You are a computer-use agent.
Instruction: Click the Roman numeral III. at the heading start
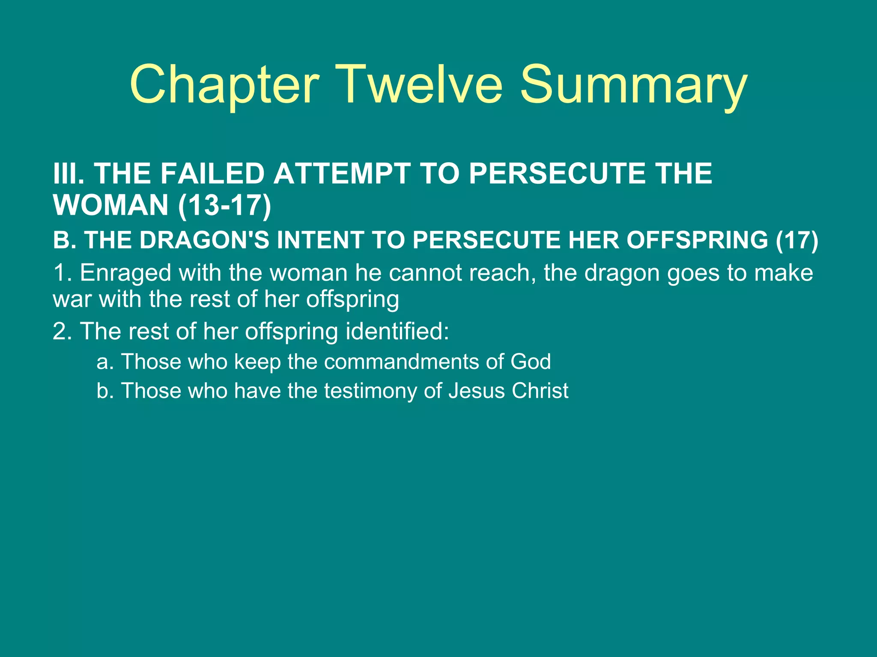click(x=69, y=174)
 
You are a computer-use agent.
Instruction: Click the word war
click(x=72, y=299)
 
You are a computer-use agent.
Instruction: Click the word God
click(x=531, y=362)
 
